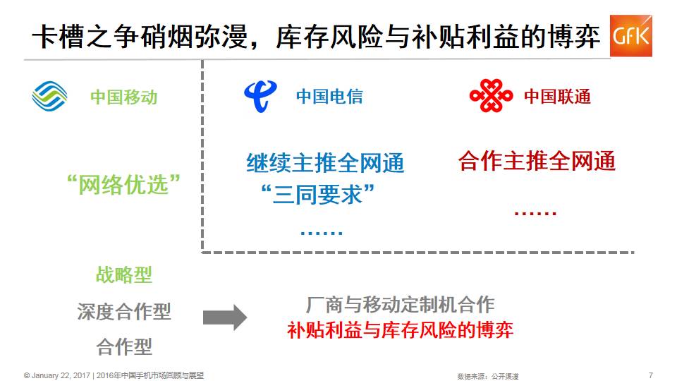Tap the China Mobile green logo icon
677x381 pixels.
pos(49,97)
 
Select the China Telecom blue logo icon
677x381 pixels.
pos(260,97)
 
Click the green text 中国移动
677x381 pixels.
pos(123,97)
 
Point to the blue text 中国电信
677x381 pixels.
pos(329,97)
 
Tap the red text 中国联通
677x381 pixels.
pos(557,97)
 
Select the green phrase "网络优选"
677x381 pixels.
pos(123,185)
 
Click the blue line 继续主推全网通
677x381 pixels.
pos(325,164)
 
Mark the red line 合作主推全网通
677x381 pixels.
pos(537,162)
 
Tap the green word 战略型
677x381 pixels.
pos(124,275)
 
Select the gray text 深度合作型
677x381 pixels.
pos(124,311)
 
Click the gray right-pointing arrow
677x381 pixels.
pos(225,317)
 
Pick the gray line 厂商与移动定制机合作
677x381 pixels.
pos(401,305)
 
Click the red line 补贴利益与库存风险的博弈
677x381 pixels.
pos(401,329)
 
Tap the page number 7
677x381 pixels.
pos(650,375)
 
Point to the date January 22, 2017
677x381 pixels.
pos(61,375)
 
